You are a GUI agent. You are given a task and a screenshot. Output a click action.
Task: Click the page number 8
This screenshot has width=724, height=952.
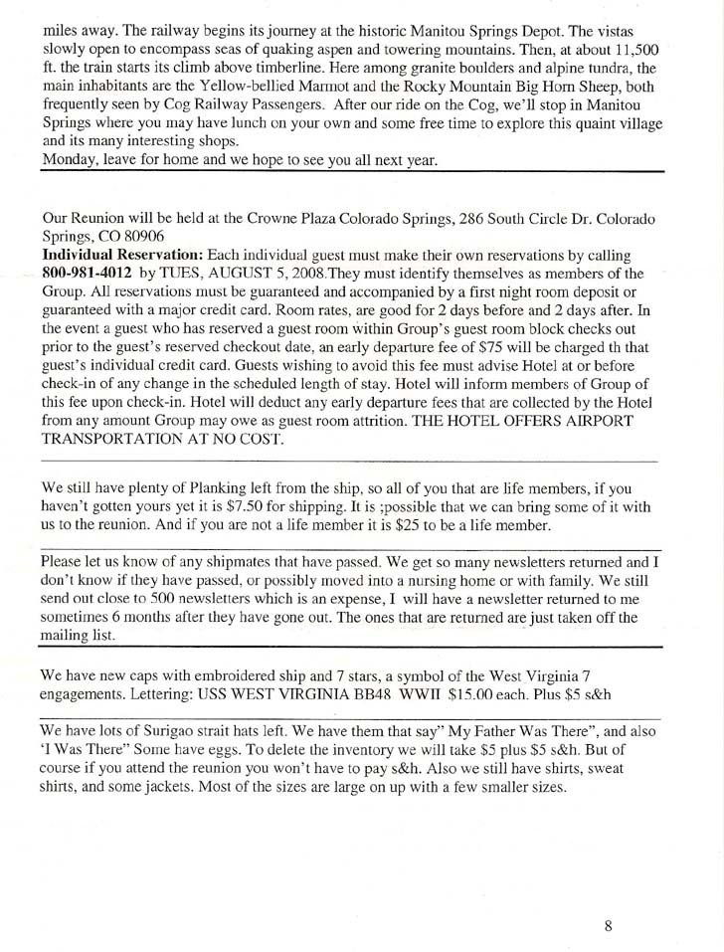coord(607,926)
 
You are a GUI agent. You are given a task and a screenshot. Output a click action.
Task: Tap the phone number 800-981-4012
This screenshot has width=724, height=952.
coord(86,272)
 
